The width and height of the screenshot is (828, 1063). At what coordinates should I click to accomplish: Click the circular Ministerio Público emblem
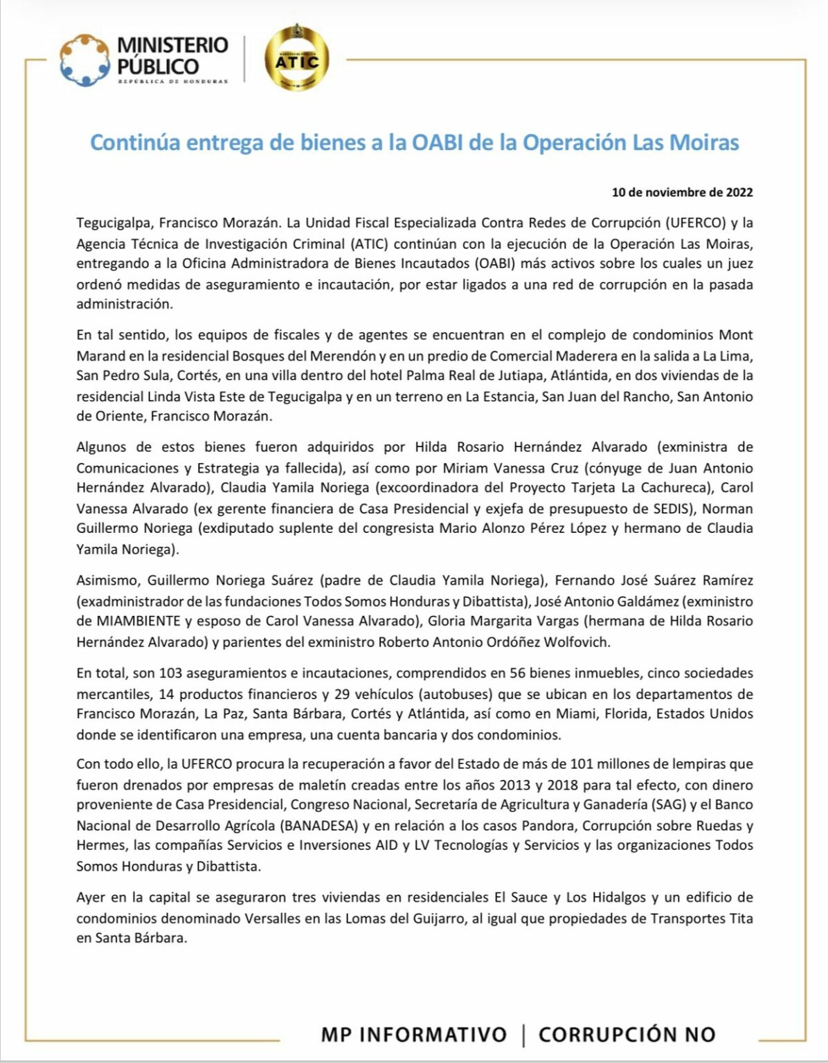[x=85, y=60]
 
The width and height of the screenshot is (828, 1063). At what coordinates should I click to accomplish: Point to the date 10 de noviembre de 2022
[x=682, y=192]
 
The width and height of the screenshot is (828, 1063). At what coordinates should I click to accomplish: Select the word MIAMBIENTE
[x=127, y=621]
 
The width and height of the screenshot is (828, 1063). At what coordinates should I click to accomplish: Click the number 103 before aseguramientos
[x=170, y=673]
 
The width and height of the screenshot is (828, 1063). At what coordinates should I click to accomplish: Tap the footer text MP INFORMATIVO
[x=413, y=1035]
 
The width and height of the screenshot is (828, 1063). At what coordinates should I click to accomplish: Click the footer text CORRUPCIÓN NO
[x=627, y=1035]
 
